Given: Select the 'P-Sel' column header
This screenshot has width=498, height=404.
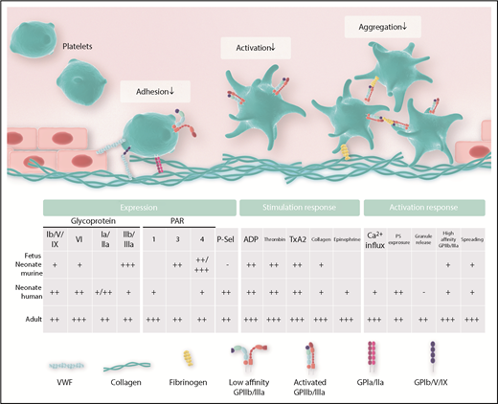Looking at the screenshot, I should (x=225, y=238).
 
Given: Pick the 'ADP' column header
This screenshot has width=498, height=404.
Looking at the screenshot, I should (x=252, y=238).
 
